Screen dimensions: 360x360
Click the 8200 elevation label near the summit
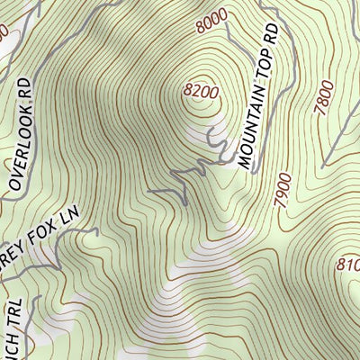click(x=201, y=91)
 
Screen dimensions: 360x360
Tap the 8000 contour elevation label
click(x=209, y=22)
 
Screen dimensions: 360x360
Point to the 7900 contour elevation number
click(x=286, y=190)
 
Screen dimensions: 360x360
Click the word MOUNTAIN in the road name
click(x=255, y=127)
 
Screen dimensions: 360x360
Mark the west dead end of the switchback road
click(x=149, y=191)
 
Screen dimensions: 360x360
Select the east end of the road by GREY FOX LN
click(x=94, y=230)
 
